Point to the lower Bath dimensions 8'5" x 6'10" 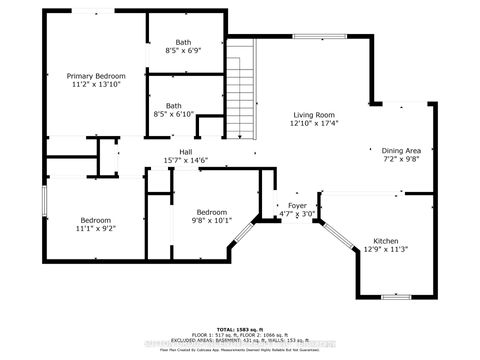coord(174,114)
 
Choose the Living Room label coord(313,114)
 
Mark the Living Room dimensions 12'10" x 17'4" coord(313,124)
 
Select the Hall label coord(172,151)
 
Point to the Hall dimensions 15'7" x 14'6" coord(172,160)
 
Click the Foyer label coord(298,205)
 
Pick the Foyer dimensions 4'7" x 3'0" coord(298,214)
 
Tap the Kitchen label coord(386,241)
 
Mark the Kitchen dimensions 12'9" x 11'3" coord(386,250)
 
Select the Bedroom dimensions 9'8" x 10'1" coord(212,221)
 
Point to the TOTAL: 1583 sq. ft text coord(240,329)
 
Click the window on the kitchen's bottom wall coord(396,297)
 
